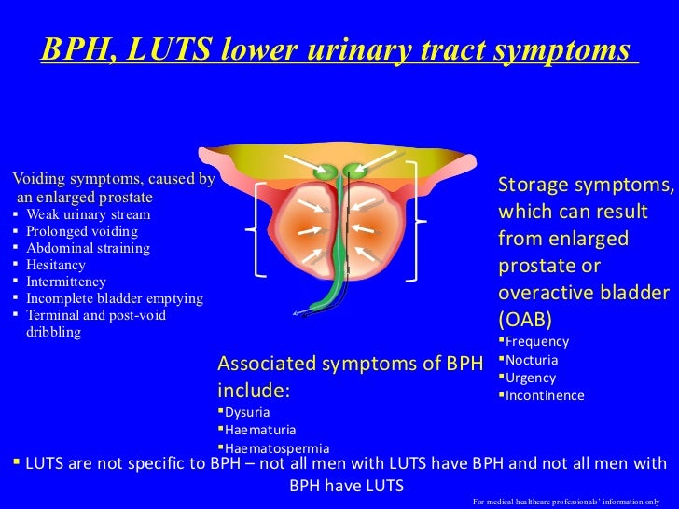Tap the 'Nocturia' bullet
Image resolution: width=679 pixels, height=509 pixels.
click(533, 360)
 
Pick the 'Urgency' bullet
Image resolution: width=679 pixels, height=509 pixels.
click(530, 378)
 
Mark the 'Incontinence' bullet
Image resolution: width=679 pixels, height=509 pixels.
click(545, 395)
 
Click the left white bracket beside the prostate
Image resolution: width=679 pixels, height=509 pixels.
click(256, 229)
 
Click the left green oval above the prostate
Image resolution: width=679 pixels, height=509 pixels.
click(326, 172)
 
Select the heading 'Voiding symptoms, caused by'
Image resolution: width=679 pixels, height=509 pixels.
click(111, 178)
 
